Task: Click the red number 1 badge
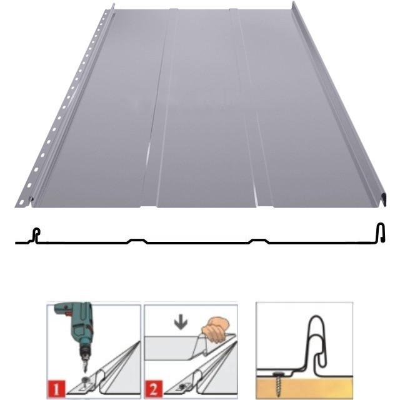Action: (56, 389)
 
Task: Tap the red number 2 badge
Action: (154, 389)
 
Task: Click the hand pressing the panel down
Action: (215, 330)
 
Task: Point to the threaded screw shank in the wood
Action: (279, 385)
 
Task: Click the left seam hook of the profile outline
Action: (36, 235)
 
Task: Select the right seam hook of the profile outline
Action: (381, 232)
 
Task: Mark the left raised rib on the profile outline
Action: (137, 241)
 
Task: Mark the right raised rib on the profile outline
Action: (259, 241)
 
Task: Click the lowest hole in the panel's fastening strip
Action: (22, 202)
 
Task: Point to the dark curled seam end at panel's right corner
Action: (382, 200)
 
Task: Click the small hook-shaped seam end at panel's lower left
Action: (31, 201)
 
